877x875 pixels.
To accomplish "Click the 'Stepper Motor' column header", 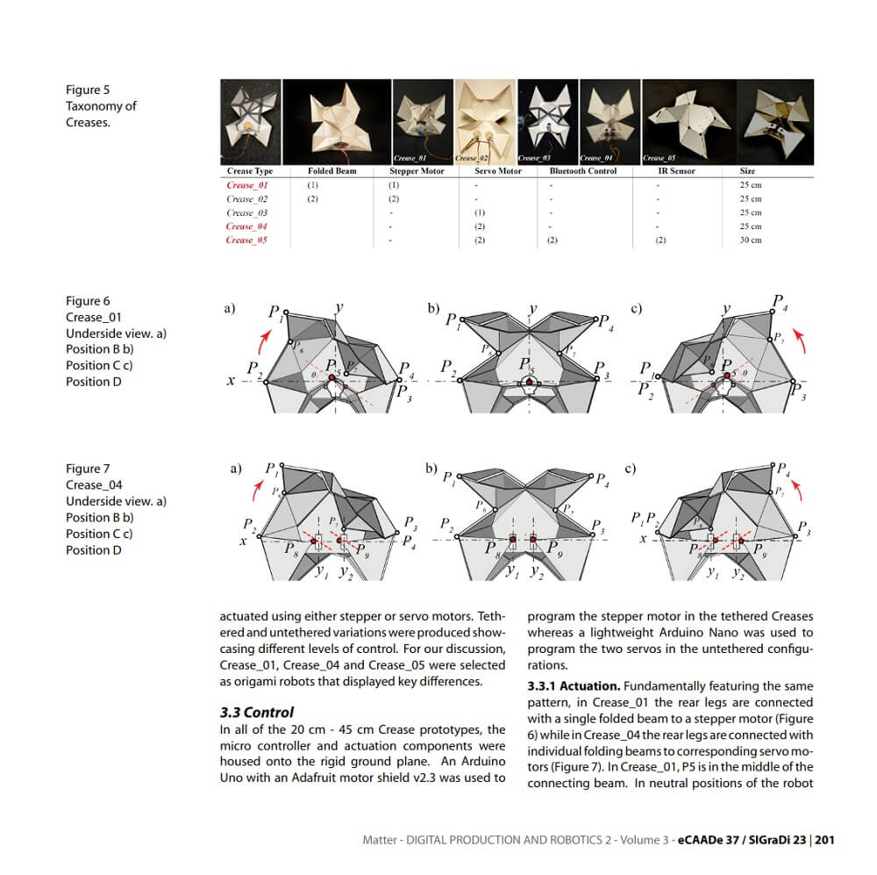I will tap(417, 171).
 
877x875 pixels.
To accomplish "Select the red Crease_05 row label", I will tap(246, 240).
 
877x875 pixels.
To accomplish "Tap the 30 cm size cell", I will tap(751, 240).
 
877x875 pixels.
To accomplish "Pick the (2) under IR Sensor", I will tap(661, 240).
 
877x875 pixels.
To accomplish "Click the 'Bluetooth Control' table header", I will tap(582, 171).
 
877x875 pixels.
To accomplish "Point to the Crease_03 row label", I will tap(246, 212).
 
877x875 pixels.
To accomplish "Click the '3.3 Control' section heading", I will tap(256, 712).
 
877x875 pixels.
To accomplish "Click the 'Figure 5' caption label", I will tap(88, 90).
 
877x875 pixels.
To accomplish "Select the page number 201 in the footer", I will tap(824, 840).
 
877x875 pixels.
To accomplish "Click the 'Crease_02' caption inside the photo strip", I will tap(472, 158).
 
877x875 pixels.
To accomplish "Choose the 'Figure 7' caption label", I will tap(88, 468).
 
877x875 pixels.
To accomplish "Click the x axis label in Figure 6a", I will tap(231, 383).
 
